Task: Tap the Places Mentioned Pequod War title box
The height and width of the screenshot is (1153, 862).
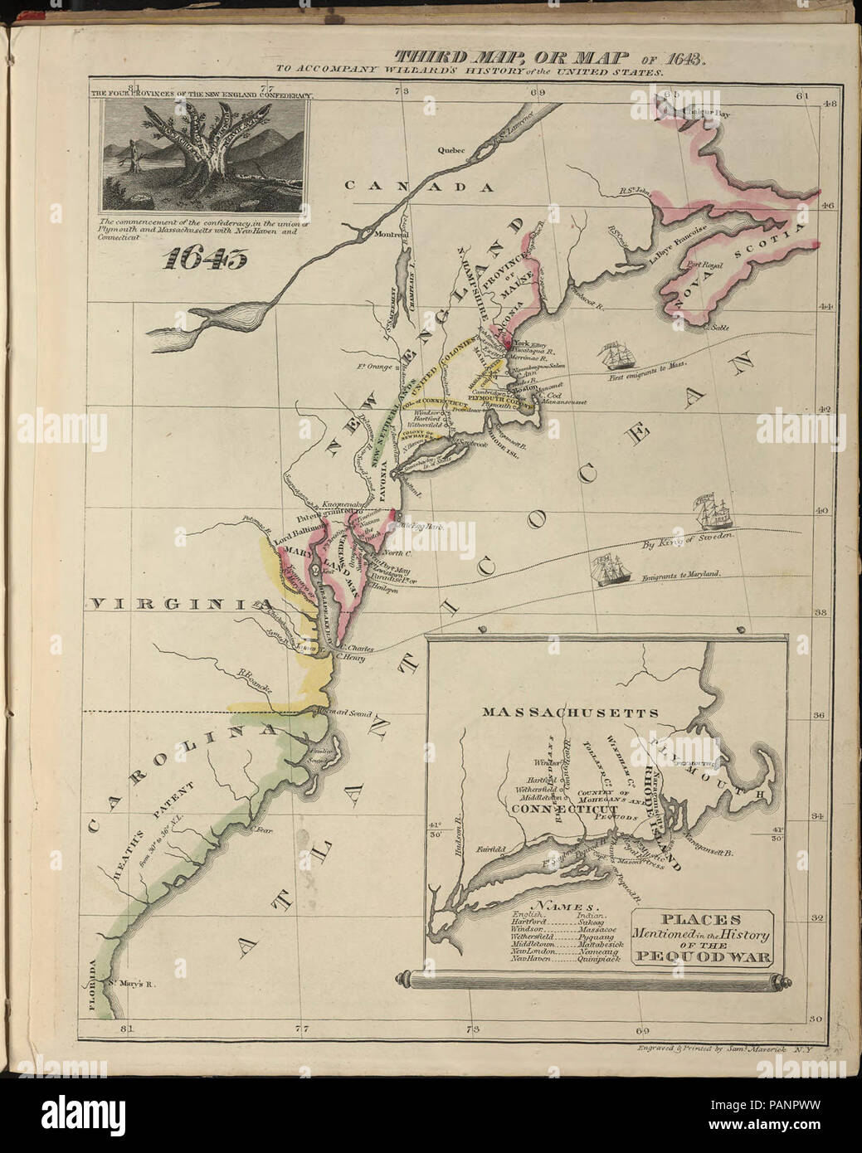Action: tap(702, 937)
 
